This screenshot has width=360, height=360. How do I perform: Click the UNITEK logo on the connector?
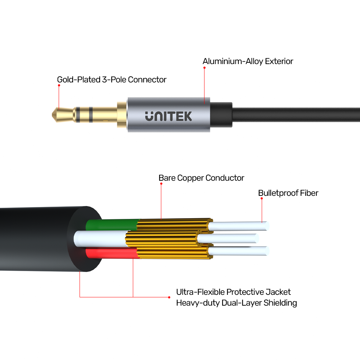click(x=168, y=116)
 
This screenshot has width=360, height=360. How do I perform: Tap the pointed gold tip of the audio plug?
click(x=52, y=114)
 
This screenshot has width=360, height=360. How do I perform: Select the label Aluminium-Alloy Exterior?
click(x=248, y=61)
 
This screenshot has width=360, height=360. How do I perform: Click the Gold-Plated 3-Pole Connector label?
click(x=112, y=80)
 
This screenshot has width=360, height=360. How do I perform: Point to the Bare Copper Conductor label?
click(x=201, y=178)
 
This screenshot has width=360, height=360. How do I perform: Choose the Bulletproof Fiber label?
click(x=288, y=193)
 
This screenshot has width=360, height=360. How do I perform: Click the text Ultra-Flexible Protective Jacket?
click(x=233, y=292)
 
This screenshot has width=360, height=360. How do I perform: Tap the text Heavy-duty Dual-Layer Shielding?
click(x=237, y=303)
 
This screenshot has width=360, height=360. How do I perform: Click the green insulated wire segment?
click(x=112, y=225)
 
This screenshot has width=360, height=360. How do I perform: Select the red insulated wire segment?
click(x=112, y=253)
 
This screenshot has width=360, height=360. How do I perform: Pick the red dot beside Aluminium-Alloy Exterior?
click(x=204, y=68)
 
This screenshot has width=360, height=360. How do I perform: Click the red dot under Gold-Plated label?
click(x=59, y=85)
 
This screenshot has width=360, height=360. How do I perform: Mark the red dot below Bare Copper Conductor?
click(x=161, y=184)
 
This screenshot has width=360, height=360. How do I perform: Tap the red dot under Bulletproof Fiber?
click(x=262, y=198)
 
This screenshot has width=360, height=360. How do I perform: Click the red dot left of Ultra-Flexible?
click(x=169, y=297)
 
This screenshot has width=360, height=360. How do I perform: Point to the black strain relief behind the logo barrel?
click(x=221, y=115)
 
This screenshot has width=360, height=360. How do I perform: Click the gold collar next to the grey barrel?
click(x=122, y=115)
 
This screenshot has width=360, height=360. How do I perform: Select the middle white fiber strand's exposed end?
click(x=257, y=238)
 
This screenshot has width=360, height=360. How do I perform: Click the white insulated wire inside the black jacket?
click(x=101, y=239)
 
